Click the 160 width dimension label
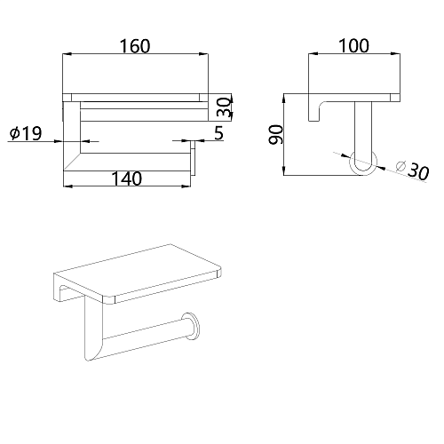coord(135,46)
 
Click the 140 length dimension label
coord(127,178)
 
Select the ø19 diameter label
coord(26,133)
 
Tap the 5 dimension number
coord(218,133)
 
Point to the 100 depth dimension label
coord(353,46)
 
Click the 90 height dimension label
coord(276,135)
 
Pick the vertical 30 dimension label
coord(224,107)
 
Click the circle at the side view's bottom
coord(363,163)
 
